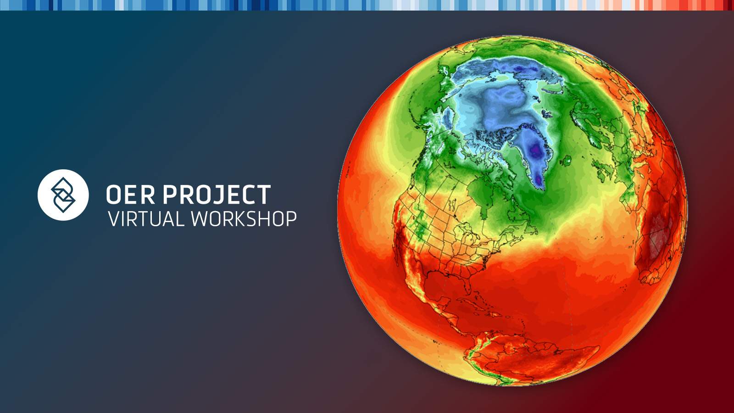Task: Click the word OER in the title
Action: coord(130,195)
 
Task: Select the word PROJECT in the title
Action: coord(217,195)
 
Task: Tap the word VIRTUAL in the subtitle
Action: coord(146,218)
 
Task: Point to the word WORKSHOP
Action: coord(244,218)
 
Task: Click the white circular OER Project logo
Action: coord(63,195)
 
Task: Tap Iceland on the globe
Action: coord(566,161)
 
